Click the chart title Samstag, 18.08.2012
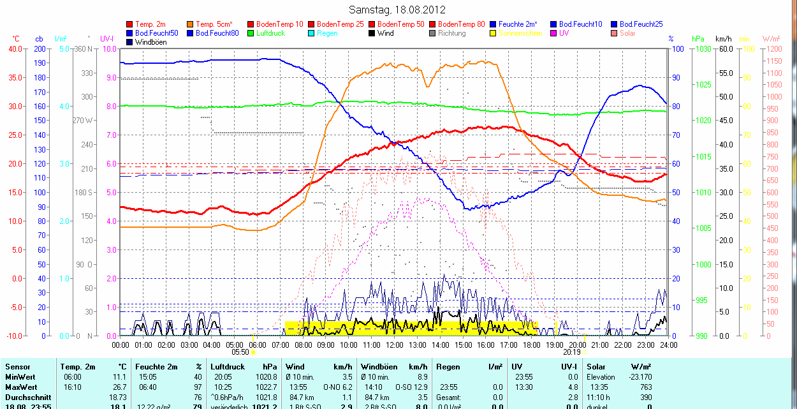point(398,10)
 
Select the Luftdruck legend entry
point(270,33)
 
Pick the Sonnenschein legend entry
point(521,33)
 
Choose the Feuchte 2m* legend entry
point(518,24)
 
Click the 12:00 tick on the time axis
point(395,345)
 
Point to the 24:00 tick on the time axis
point(668,345)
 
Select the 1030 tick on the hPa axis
point(703,48)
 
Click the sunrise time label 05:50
point(240,352)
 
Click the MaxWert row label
point(20,387)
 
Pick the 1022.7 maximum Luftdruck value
point(267,387)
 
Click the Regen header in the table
point(448,367)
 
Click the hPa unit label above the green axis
point(698,39)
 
